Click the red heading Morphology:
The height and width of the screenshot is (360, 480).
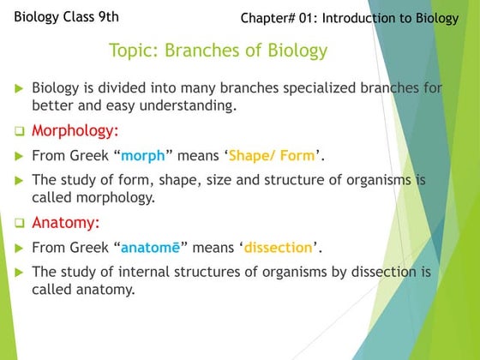(x=75, y=132)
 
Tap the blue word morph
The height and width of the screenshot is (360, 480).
(x=143, y=156)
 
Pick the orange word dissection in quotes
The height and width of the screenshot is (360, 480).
(x=278, y=248)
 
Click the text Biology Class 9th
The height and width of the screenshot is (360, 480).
(x=67, y=16)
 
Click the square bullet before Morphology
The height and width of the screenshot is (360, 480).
(x=19, y=133)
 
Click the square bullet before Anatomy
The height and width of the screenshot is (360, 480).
(x=19, y=224)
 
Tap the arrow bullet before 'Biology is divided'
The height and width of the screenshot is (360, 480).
(x=19, y=88)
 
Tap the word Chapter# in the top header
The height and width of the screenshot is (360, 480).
(x=270, y=18)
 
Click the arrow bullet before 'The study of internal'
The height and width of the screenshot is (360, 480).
(x=19, y=272)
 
